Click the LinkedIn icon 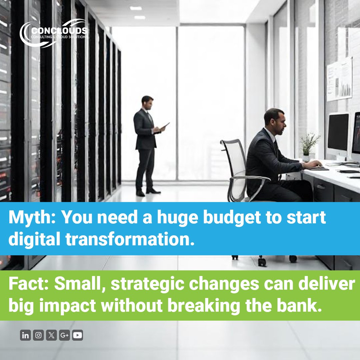[25, 335]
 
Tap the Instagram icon [38, 335]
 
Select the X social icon [51, 335]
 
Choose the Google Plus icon [64, 335]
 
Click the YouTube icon [77, 335]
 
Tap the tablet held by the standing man [165, 126]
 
